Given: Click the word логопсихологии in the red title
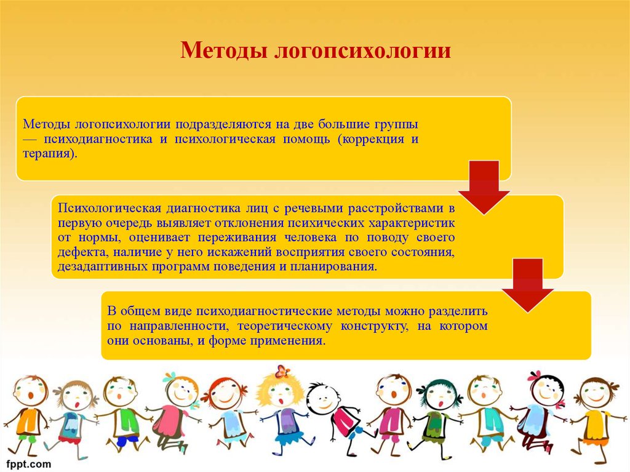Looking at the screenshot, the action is [362, 51].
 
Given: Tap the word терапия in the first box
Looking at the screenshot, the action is [48, 154].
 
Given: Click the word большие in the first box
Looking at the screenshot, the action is [343, 124].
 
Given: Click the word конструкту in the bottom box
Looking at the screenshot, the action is [374, 326].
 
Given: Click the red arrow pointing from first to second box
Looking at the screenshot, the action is [484, 187].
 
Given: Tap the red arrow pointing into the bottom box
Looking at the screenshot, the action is [527, 285].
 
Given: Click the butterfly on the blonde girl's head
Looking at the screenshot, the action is [282, 371].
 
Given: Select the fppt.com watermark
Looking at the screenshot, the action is [28, 465].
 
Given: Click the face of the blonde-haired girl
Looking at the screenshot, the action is [279, 394].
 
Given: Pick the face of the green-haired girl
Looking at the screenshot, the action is [439, 397].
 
